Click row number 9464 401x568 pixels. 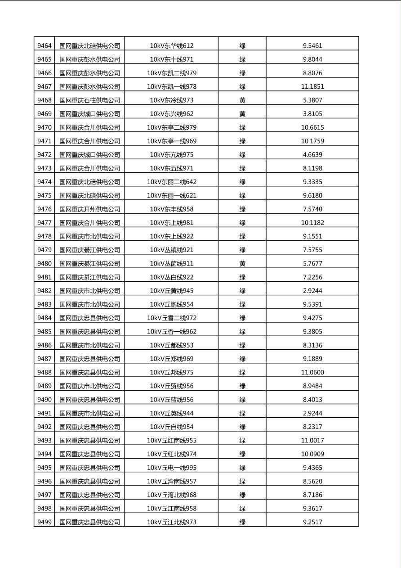[x=44, y=45]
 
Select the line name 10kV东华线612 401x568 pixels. [x=171, y=45]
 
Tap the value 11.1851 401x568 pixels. [x=312, y=86]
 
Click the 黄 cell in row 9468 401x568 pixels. [x=242, y=100]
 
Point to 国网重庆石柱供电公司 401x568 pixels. [x=90, y=100]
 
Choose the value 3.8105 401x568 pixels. [x=312, y=113]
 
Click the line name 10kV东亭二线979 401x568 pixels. [x=171, y=127]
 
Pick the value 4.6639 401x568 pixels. [x=312, y=154]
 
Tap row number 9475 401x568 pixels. [x=44, y=195]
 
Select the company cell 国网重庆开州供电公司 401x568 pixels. [x=90, y=209]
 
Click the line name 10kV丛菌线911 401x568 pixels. [x=171, y=263]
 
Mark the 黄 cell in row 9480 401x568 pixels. [x=242, y=263]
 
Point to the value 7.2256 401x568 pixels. [x=312, y=277]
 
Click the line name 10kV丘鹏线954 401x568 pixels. [x=171, y=304]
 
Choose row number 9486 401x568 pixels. [x=44, y=345]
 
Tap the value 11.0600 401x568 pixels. [x=312, y=372]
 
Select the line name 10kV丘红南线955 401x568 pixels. [x=171, y=440]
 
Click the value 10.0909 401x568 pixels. [x=312, y=454]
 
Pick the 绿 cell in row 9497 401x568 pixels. [x=242, y=495]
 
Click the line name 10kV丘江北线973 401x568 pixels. [x=171, y=522]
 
